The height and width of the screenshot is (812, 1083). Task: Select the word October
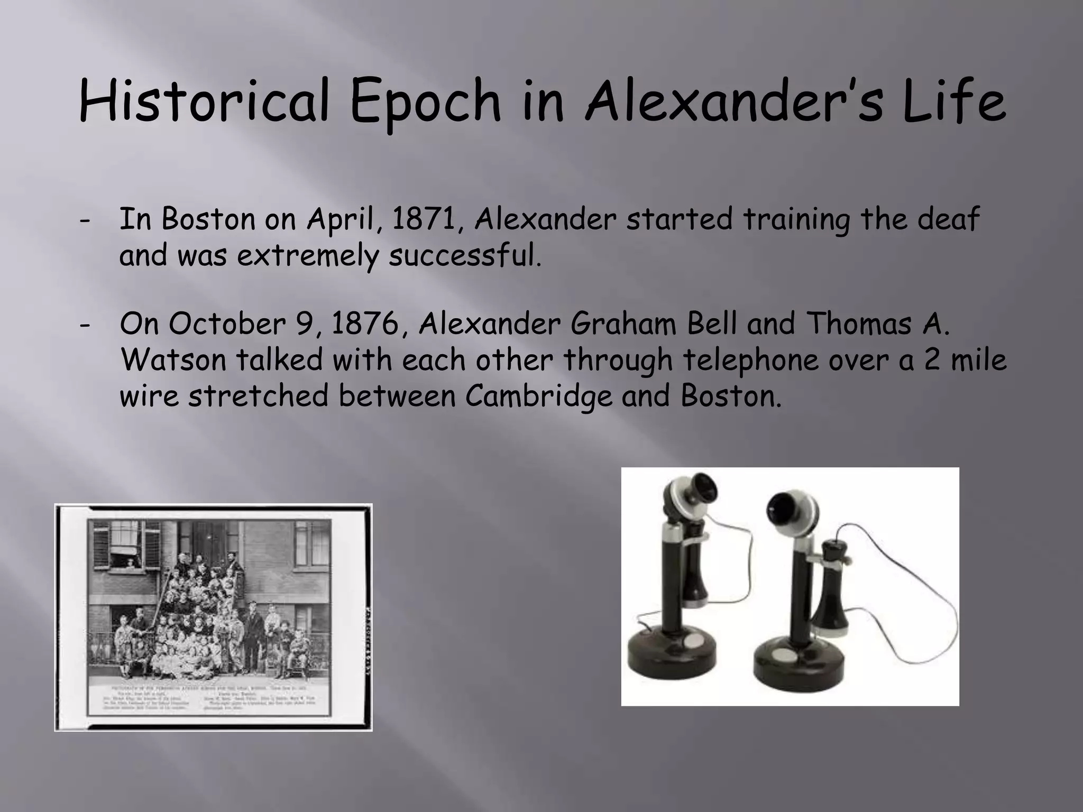tap(227, 324)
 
